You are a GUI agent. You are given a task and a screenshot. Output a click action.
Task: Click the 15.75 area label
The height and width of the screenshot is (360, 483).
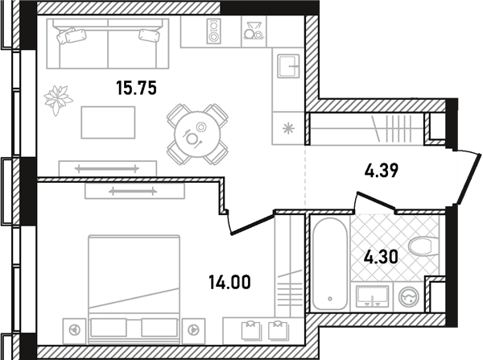(x=137, y=88)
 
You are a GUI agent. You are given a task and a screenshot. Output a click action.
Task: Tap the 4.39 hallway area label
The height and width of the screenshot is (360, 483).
(x=382, y=171)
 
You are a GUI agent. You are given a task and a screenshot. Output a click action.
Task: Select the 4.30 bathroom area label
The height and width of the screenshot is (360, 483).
(x=381, y=257)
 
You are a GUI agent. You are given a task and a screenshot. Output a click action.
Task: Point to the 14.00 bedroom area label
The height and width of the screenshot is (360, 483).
(x=229, y=283)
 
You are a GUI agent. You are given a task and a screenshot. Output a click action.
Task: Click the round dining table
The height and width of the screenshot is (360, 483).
(x=197, y=134)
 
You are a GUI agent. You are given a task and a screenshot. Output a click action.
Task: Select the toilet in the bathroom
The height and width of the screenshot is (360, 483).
(x=424, y=246)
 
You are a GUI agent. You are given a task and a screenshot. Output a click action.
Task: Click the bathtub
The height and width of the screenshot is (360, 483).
(x=330, y=264)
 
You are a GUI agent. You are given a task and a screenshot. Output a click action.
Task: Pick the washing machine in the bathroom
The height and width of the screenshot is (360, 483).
(x=409, y=297)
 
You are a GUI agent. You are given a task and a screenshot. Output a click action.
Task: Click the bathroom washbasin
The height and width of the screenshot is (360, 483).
(x=372, y=296)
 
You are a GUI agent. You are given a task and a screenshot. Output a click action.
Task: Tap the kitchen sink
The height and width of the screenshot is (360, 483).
(x=288, y=66)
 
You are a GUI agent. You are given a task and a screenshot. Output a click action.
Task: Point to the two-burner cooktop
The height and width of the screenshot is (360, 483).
(x=213, y=31)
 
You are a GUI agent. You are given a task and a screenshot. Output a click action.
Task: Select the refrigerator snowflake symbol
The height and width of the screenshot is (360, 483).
(x=289, y=128)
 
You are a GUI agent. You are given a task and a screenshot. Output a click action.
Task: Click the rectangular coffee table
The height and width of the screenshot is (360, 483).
(x=108, y=122)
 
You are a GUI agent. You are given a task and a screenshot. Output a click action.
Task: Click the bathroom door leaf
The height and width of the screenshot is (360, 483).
(x=376, y=201)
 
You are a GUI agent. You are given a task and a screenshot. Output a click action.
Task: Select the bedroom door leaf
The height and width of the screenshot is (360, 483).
(x=252, y=225)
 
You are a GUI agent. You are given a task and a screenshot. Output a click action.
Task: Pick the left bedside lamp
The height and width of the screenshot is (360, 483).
(x=74, y=329)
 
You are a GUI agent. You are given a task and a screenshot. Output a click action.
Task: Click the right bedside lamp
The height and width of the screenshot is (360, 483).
(x=193, y=329)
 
